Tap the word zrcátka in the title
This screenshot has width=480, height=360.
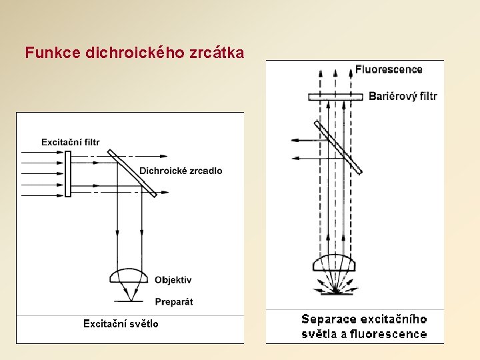219,53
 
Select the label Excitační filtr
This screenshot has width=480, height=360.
71,142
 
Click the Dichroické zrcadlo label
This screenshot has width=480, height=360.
181,171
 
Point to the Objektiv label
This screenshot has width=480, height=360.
173,280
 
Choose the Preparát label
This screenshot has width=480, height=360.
174,301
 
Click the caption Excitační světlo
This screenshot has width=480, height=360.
121,324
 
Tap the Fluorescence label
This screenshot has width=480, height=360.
389,69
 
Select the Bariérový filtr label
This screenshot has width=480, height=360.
403,96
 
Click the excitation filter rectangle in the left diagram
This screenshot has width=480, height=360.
67,173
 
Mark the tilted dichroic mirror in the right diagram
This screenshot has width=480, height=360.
338,147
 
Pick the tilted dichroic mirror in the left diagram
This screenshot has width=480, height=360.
131,173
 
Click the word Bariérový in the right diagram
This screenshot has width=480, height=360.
393,96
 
